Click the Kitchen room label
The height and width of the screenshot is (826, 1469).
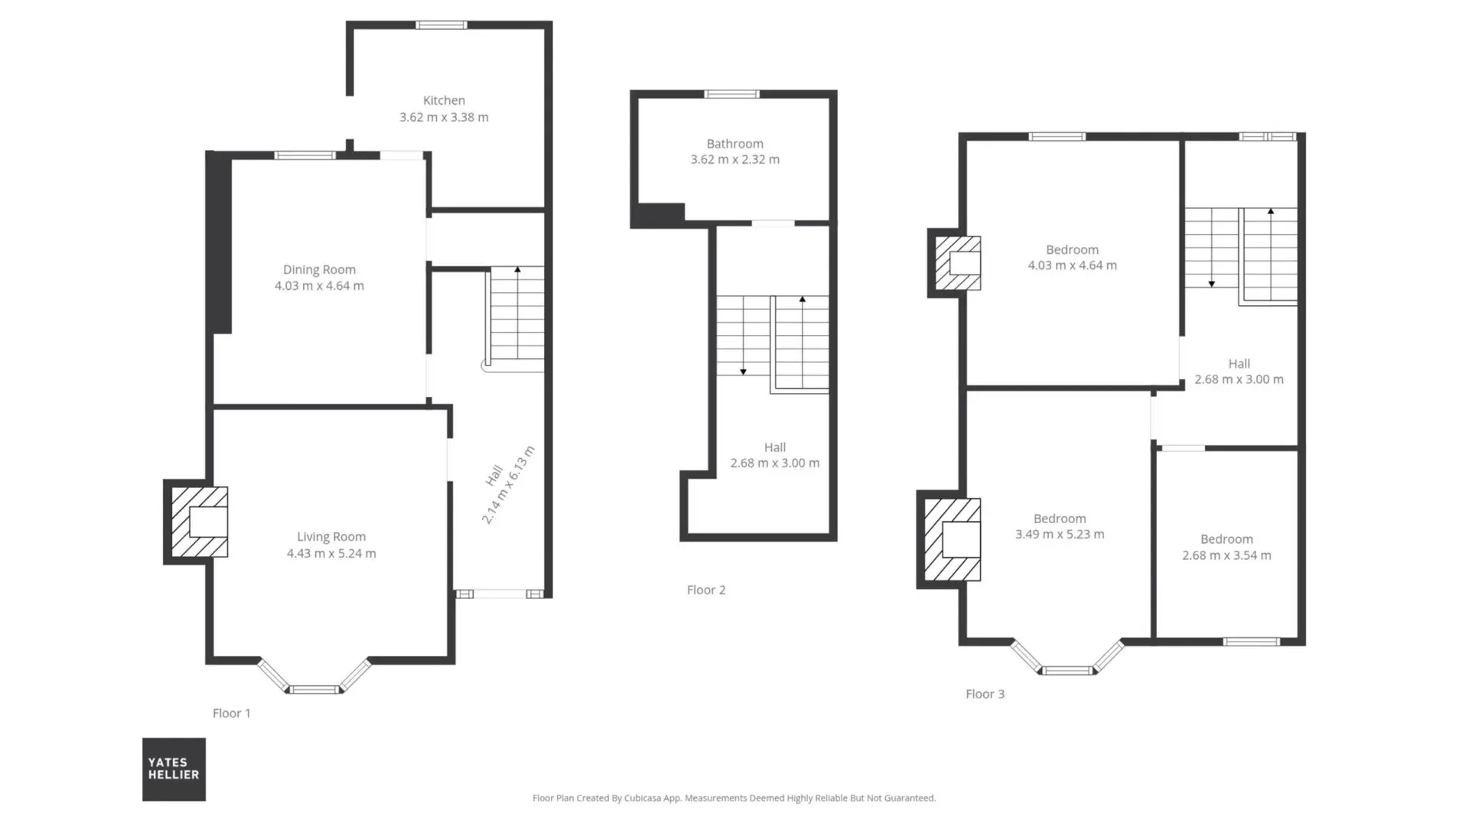[x=444, y=100]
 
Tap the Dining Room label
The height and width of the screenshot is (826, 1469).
[x=319, y=269]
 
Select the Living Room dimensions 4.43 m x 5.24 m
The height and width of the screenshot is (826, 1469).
[x=331, y=553]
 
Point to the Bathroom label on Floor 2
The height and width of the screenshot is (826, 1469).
[x=734, y=143]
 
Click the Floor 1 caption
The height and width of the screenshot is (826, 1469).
[x=231, y=713]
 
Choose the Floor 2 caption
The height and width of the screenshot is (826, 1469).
[x=706, y=590]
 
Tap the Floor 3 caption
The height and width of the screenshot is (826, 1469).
[x=985, y=694]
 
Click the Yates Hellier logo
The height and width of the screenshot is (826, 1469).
[x=174, y=769]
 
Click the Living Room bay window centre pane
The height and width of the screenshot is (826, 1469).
[x=314, y=690]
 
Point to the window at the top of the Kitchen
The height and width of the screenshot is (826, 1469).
[x=441, y=25]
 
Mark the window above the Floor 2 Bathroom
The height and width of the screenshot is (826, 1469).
[x=732, y=94]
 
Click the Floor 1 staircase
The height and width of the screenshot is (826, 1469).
[x=516, y=319]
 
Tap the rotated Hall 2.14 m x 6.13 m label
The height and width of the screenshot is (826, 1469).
[x=507, y=485]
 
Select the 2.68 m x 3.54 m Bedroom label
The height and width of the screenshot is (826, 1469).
[x=1226, y=548]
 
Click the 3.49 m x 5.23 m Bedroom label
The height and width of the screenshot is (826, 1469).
[x=1060, y=526]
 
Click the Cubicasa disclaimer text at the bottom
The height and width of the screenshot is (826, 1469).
[x=734, y=798]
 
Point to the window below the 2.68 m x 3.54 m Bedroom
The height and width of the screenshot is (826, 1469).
[x=1251, y=642]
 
